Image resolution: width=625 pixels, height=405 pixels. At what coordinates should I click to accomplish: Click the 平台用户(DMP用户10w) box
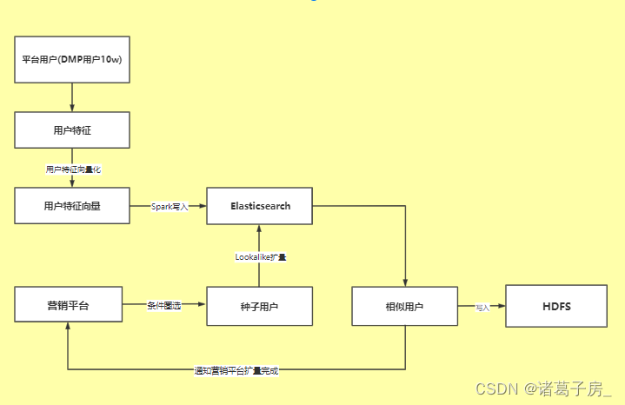(x=72, y=60)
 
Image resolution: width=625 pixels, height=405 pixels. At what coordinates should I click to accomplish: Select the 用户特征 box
(x=72, y=130)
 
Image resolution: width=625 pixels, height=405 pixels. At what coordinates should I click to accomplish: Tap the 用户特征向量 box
(x=72, y=206)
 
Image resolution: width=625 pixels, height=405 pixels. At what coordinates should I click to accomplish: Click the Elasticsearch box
(x=260, y=206)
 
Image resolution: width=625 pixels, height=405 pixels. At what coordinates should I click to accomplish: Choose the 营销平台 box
(x=68, y=306)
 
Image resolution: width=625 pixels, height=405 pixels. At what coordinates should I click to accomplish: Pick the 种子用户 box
(x=259, y=306)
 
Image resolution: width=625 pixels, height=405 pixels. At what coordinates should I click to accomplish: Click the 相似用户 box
(x=404, y=306)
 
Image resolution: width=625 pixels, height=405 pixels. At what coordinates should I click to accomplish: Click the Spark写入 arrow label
(x=170, y=207)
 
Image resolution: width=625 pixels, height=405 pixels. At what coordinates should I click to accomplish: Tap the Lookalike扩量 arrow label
(x=261, y=257)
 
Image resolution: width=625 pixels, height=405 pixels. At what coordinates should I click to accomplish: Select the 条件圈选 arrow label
(x=163, y=306)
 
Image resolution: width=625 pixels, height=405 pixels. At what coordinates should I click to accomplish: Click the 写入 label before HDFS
(x=482, y=307)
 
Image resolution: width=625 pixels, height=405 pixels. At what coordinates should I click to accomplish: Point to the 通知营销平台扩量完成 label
(x=236, y=370)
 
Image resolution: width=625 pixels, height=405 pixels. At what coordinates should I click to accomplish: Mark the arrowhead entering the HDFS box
(x=502, y=306)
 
